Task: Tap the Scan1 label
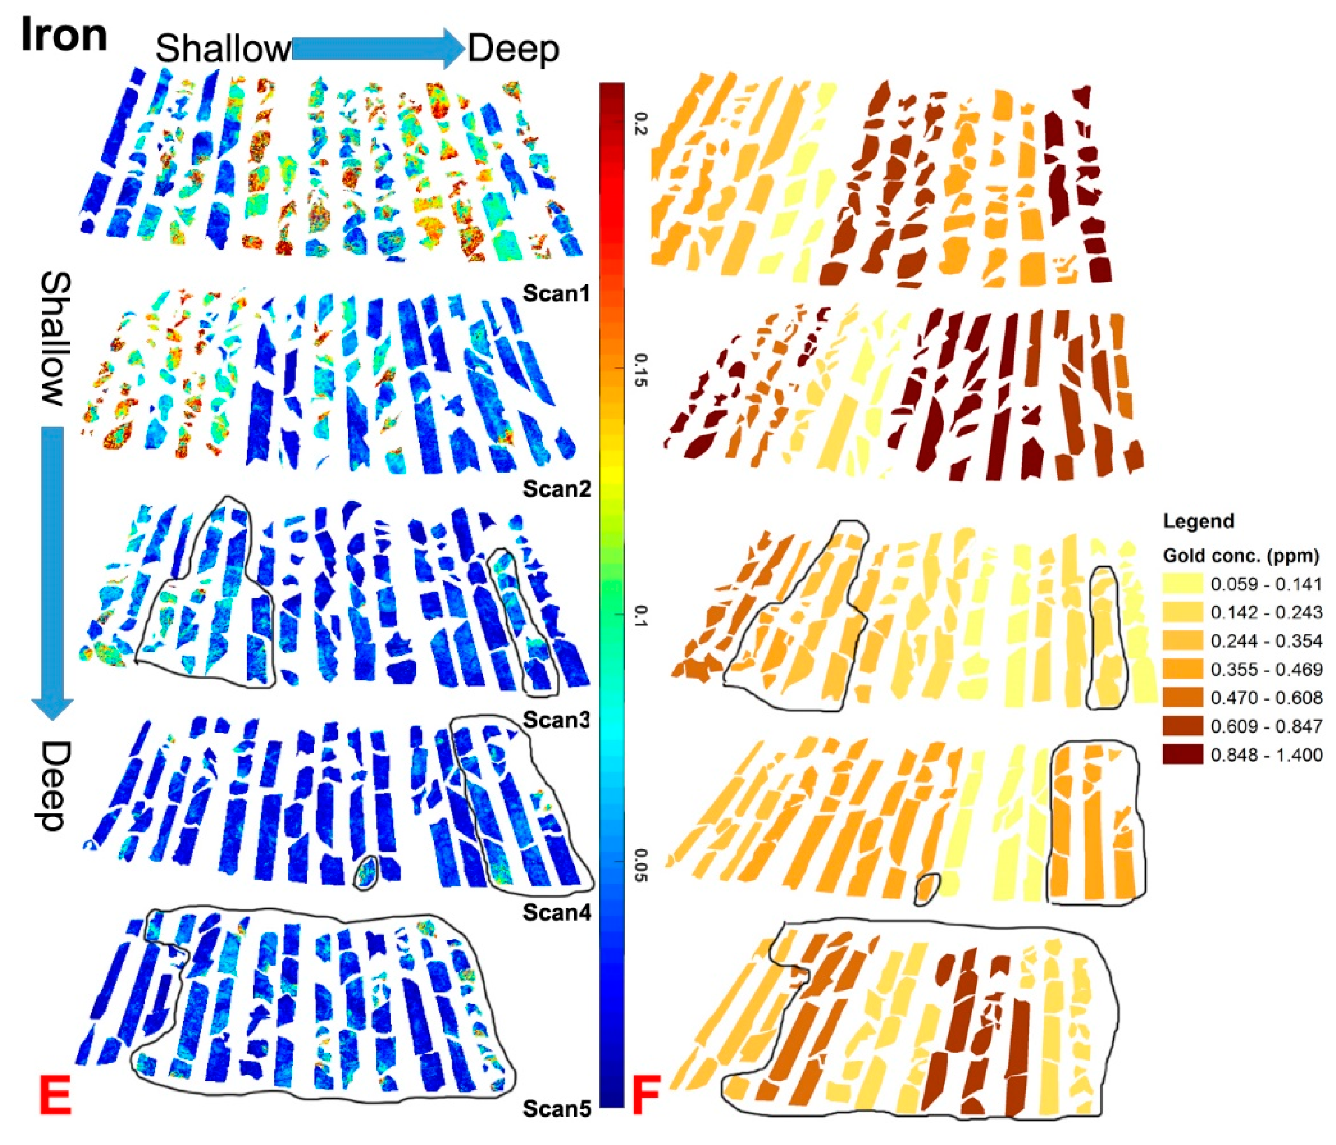(556, 293)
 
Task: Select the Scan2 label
(556, 489)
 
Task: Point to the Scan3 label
(556, 719)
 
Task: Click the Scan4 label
(556, 912)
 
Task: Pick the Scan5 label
(556, 1108)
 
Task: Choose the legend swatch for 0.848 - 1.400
(1182, 754)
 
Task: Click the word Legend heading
(1198, 521)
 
